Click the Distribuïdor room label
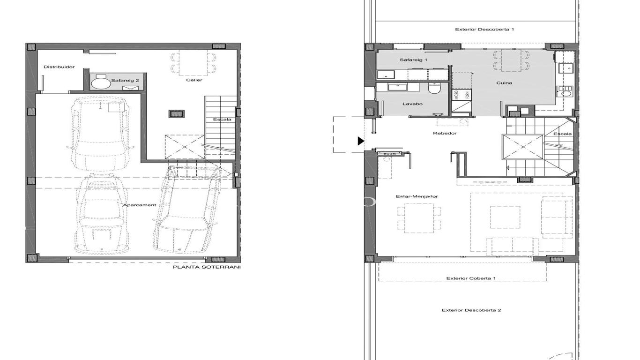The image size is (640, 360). [x=59, y=67]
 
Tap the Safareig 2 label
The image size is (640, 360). [x=125, y=81]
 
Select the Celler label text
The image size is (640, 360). [x=194, y=80]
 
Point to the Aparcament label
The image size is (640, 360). [x=140, y=205]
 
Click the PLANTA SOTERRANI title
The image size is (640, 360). [x=207, y=267]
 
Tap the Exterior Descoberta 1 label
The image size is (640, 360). [x=484, y=29]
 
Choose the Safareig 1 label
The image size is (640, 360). [x=413, y=60]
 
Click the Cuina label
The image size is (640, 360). [x=504, y=83]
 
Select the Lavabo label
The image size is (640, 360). [x=412, y=104]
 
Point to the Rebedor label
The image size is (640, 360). [x=445, y=133]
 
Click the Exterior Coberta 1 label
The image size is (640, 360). [x=471, y=278]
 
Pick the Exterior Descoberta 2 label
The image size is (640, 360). [x=471, y=310]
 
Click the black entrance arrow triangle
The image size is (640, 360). [x=361, y=141]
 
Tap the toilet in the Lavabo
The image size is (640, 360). [x=434, y=89]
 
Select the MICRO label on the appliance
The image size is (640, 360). [x=456, y=95]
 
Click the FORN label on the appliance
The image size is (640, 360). [x=468, y=95]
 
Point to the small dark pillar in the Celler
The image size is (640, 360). [x=177, y=114]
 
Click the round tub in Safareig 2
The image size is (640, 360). [x=101, y=83]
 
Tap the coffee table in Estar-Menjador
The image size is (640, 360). [x=505, y=217]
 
